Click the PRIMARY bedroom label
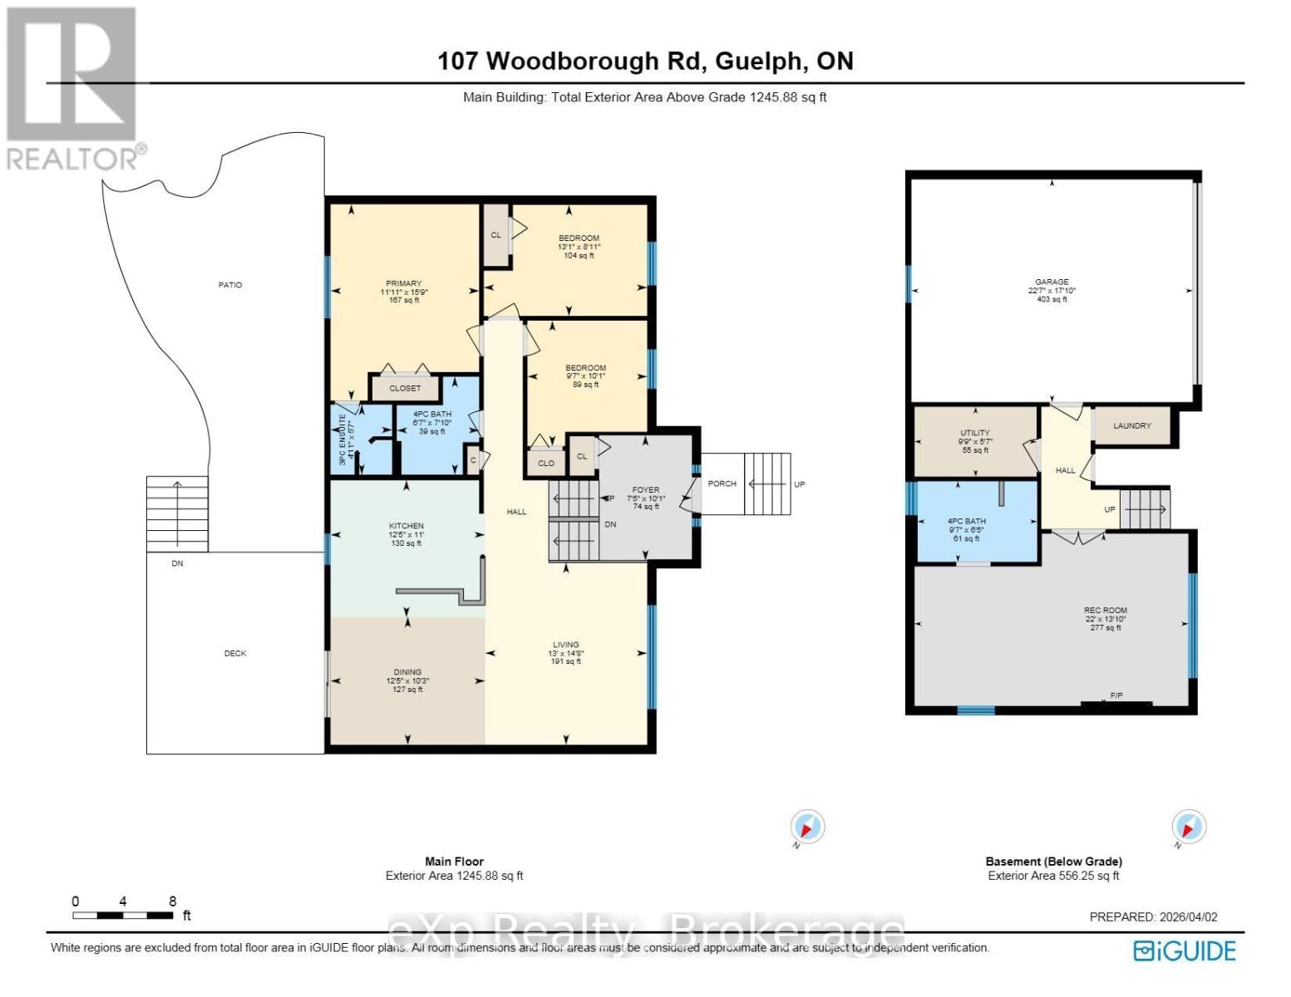403,283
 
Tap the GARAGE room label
1052,282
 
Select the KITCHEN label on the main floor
407,526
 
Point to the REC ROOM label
1105,610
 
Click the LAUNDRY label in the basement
1131,425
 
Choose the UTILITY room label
975,433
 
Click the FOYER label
645,490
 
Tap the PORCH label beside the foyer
722,484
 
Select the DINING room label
407,672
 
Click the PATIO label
230,285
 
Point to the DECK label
235,653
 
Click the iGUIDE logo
1185,950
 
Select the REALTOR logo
71,87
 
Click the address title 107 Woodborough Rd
645,61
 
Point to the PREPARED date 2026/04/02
1153,917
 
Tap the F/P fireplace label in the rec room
1116,695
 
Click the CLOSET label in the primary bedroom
405,388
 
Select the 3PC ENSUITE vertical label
342,439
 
